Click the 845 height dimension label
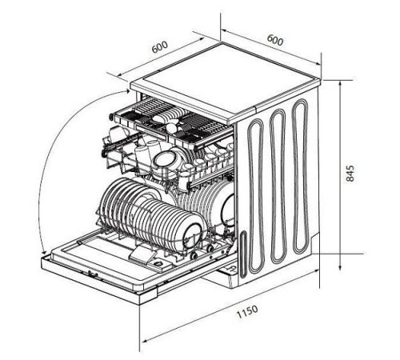click(350, 174)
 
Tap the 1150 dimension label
click(247, 311)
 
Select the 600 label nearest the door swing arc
click(160, 47)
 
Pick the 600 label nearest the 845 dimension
click(275, 40)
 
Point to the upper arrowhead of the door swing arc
click(128, 91)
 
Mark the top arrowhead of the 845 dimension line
click(340, 84)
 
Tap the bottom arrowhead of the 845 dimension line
click(340, 267)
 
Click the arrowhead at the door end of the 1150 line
click(145, 340)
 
